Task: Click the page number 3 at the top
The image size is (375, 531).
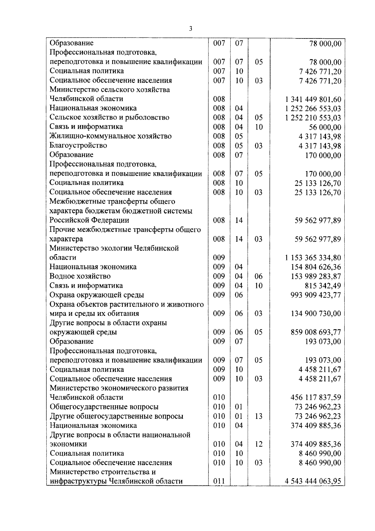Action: click(191, 29)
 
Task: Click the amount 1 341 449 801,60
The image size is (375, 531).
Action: click(313, 99)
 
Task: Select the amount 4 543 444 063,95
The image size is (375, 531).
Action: click(313, 481)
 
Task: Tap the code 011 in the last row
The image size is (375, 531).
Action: click(219, 481)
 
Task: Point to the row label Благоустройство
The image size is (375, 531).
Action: click(78, 145)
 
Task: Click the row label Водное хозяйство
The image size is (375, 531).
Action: click(80, 276)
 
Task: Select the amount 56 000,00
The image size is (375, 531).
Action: click(325, 127)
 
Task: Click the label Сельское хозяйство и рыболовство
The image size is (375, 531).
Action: click(109, 118)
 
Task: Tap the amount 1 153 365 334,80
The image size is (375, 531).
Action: click(313, 258)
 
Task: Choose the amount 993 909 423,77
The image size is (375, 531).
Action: click(316, 295)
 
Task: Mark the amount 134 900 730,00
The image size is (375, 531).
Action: click(316, 314)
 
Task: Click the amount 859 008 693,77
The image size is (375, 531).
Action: click(316, 332)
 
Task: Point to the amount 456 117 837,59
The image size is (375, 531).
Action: click(316, 398)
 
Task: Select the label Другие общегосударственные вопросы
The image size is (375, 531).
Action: click(116, 416)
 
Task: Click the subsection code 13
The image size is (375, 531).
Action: click(259, 416)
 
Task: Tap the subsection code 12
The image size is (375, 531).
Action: click(259, 444)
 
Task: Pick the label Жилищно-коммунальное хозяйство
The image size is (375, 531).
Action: click(111, 136)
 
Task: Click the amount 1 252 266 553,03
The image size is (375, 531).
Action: click(313, 109)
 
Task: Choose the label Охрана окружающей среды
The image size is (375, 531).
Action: click(97, 295)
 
